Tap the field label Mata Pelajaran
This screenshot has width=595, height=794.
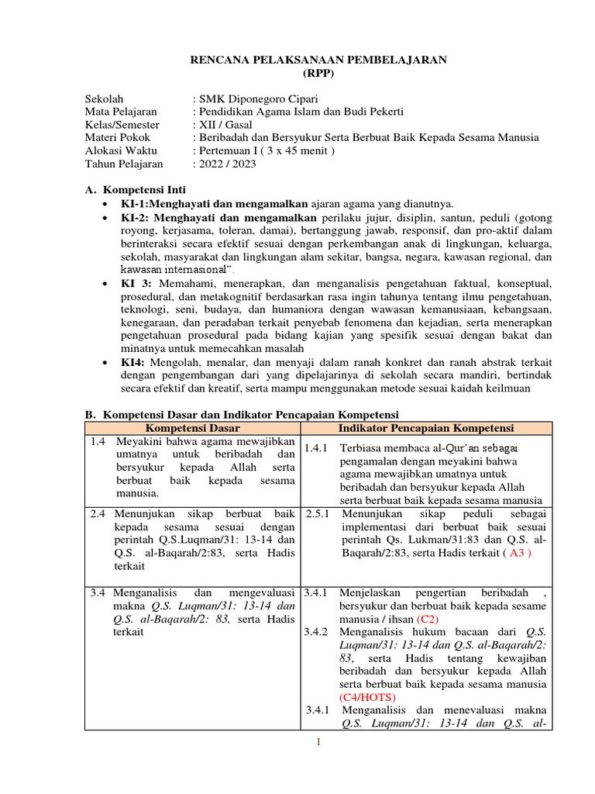(x=121, y=112)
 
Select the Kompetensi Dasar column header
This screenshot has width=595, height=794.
(x=193, y=428)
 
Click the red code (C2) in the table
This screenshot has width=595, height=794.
(x=428, y=620)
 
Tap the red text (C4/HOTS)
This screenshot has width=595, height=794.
(x=369, y=698)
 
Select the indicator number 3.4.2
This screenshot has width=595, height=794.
(x=317, y=633)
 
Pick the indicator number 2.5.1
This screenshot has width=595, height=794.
(x=318, y=513)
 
